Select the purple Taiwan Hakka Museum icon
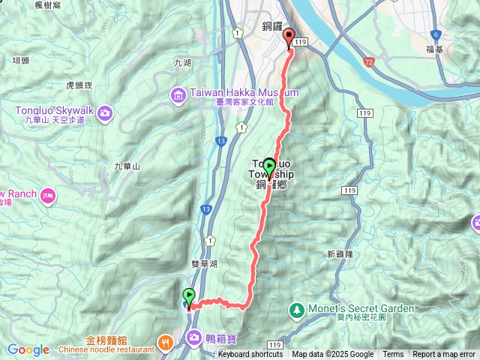(x=178, y=94)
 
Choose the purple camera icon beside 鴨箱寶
(x=194, y=337)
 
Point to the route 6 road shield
(x=435, y=35)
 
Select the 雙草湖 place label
(x=204, y=264)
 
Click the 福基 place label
(x=434, y=49)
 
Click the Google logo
(x=28, y=349)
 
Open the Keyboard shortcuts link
(x=250, y=355)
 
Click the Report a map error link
(x=444, y=355)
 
